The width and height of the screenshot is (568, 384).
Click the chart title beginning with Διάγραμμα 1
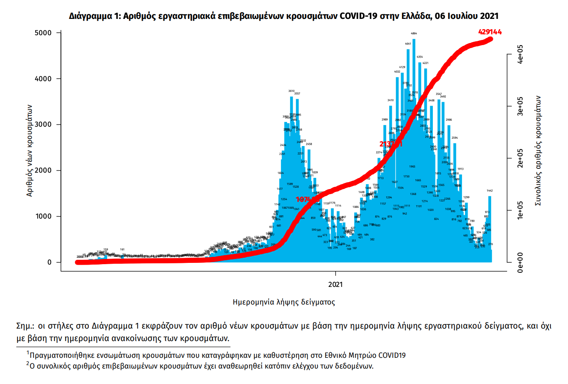coord(284,16)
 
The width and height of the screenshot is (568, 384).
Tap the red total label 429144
coord(490,32)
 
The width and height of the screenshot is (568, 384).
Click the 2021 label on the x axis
coord(335,284)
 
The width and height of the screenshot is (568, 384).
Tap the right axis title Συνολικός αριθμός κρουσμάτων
coord(538,150)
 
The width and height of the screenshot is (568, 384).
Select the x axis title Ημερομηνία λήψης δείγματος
coord(284,302)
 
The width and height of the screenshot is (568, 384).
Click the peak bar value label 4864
coord(414,33)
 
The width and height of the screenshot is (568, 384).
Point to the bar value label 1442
coord(489,190)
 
